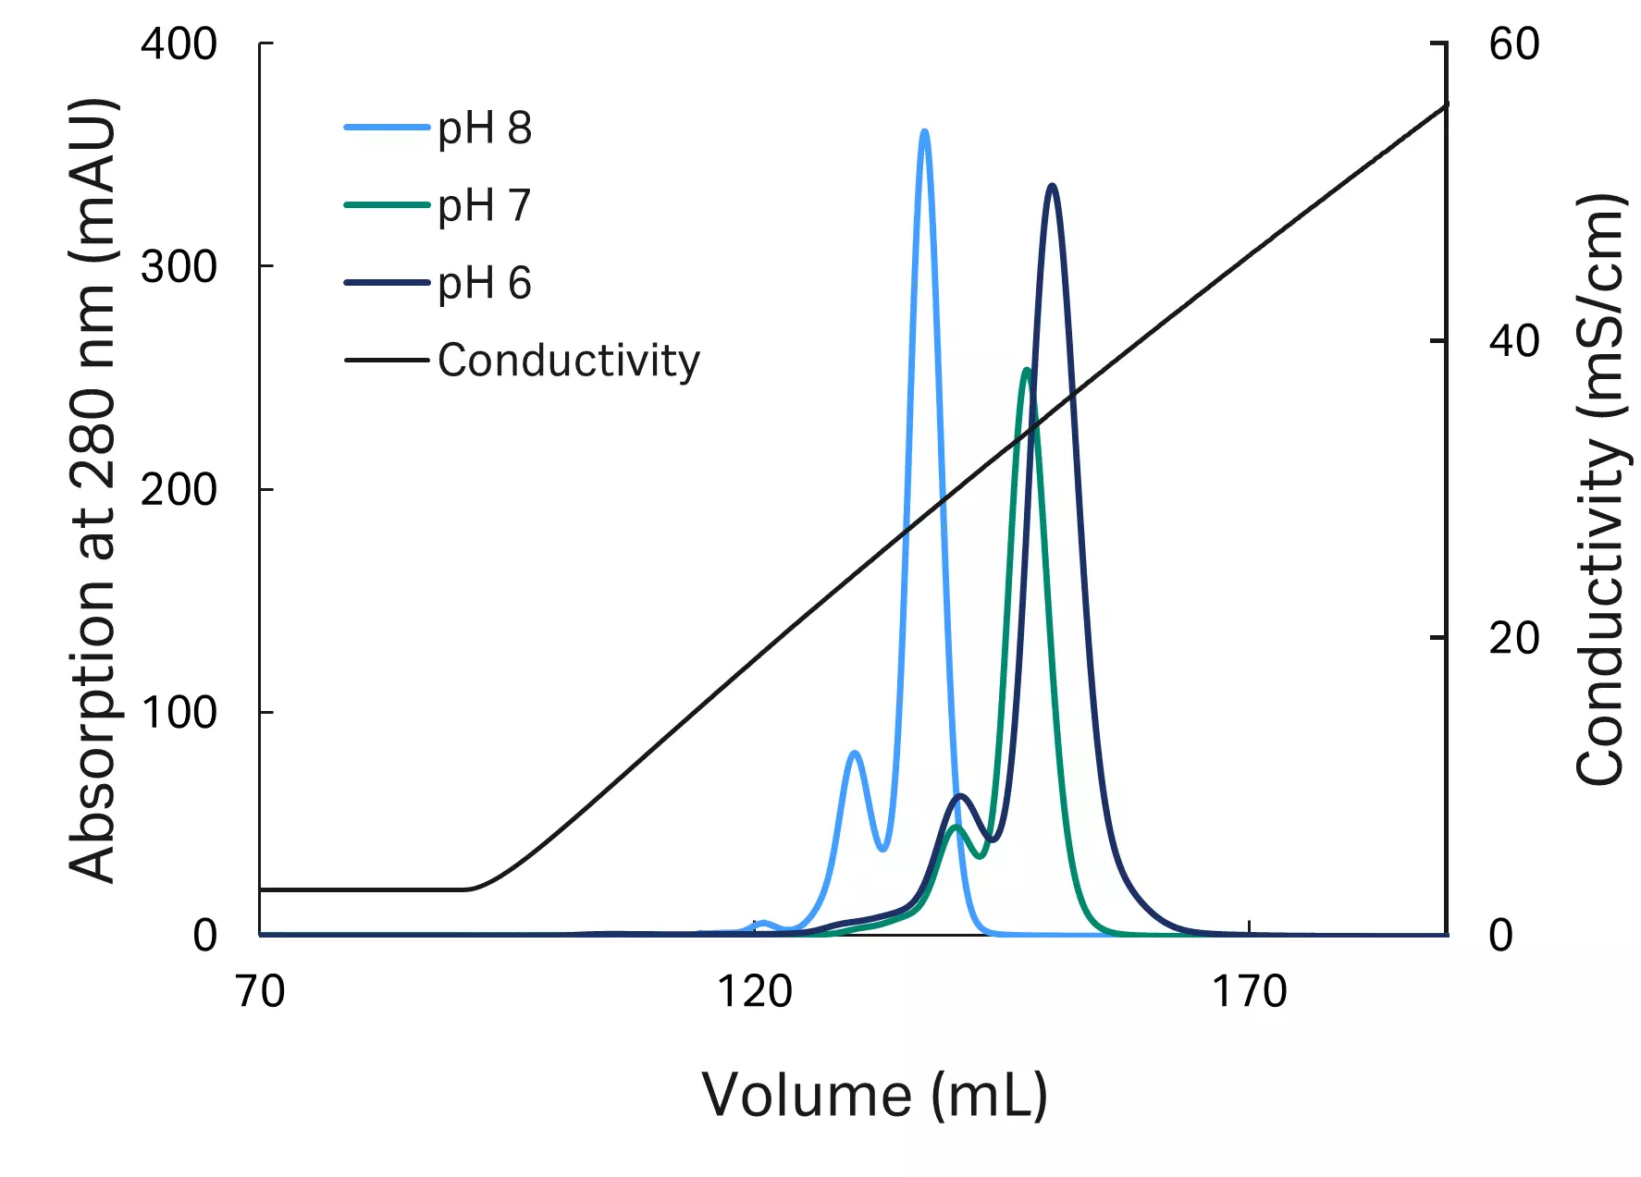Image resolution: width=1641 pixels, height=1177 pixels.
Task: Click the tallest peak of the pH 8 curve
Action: tap(924, 133)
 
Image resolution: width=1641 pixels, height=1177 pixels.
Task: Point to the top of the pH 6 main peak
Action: tap(1052, 188)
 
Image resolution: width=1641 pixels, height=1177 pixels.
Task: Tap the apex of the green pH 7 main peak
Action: tap(1026, 371)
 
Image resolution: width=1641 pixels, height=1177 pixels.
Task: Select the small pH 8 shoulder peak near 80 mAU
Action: tap(855, 754)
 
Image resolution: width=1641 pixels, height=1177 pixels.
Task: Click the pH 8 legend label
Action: tap(485, 128)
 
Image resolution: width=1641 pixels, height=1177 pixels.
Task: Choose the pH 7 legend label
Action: tap(485, 205)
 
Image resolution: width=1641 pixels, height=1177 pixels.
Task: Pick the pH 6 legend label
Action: tap(485, 283)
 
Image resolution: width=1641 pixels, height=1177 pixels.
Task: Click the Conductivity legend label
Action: tap(568, 361)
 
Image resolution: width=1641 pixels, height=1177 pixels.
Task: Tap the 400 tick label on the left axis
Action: tap(179, 43)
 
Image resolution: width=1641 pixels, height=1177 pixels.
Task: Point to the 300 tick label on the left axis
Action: tap(179, 266)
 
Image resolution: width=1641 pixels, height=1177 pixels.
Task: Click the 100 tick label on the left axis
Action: tap(179, 712)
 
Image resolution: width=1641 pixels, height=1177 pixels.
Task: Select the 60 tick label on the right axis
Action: tap(1514, 43)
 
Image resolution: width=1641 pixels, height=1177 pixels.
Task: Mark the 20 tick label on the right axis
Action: tap(1514, 638)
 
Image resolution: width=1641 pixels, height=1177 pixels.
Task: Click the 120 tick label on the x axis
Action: tap(755, 992)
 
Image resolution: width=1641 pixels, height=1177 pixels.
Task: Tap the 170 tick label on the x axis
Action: tap(1249, 992)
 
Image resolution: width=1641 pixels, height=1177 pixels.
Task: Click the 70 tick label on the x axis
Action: tap(260, 992)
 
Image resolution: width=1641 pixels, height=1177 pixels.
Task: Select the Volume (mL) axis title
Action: tap(874, 1096)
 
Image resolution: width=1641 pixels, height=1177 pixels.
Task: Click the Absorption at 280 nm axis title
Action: tap(93, 490)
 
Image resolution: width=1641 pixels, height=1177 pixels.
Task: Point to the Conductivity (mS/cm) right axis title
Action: tap(1599, 490)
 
